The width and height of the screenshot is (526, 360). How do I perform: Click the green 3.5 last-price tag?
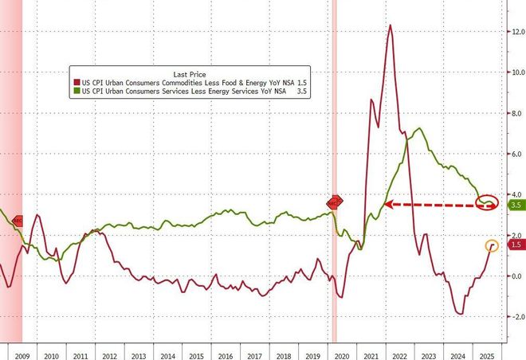(516, 205)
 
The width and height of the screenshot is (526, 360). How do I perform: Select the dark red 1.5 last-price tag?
(516, 246)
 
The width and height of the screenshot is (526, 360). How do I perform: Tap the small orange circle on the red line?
(492, 245)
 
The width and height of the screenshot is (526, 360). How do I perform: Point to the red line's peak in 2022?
(391, 25)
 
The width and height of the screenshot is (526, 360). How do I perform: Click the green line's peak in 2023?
(419, 129)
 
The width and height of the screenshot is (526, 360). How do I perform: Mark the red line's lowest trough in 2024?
(461, 314)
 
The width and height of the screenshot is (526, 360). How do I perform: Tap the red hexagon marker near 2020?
(334, 202)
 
